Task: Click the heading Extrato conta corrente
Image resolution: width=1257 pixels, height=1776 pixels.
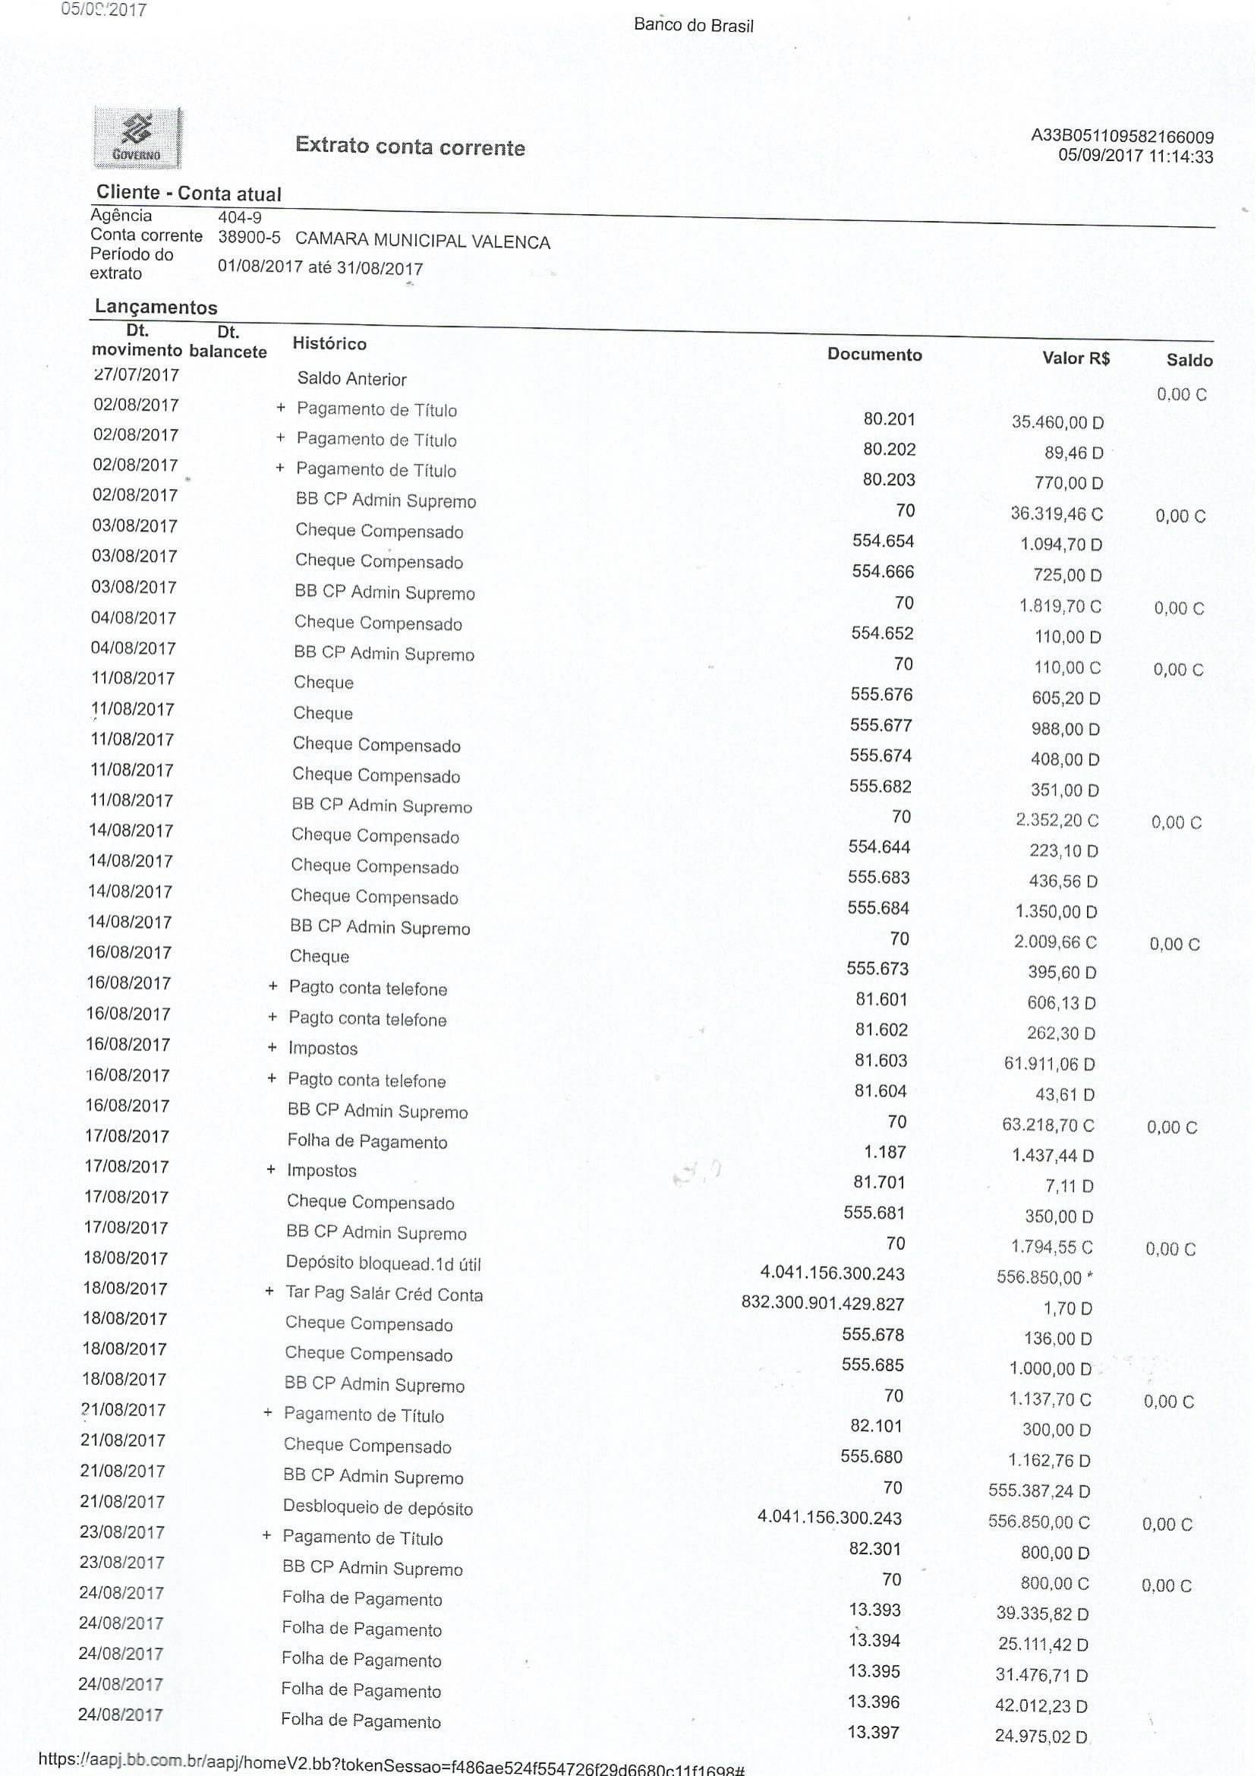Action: pyautogui.click(x=410, y=147)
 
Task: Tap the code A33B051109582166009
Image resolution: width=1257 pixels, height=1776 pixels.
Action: pyautogui.click(x=1122, y=137)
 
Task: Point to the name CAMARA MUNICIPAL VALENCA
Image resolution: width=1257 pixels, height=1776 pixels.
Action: pyautogui.click(x=423, y=241)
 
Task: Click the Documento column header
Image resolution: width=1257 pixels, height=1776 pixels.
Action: pyautogui.click(x=874, y=355)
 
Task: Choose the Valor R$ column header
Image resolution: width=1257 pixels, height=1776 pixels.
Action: pyautogui.click(x=1076, y=358)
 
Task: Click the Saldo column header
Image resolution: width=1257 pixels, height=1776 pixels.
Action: pyautogui.click(x=1189, y=360)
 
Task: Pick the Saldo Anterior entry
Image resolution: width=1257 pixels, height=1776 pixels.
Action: pyautogui.click(x=352, y=379)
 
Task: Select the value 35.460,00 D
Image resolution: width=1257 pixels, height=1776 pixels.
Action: pyautogui.click(x=1057, y=422)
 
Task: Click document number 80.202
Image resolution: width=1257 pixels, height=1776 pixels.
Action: pyautogui.click(x=890, y=449)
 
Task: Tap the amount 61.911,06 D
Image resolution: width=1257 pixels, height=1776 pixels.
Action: pyautogui.click(x=1050, y=1064)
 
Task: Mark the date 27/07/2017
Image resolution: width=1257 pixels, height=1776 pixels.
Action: pyautogui.click(x=136, y=374)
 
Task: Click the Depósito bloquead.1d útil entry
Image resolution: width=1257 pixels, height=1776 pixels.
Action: pyautogui.click(x=383, y=1263)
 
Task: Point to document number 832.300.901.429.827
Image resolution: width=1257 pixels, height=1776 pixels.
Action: pyautogui.click(x=823, y=1304)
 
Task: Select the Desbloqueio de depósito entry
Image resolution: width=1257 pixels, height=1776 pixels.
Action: pyautogui.click(x=378, y=1507)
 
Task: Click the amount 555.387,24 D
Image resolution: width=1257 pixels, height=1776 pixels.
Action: pyautogui.click(x=1039, y=1491)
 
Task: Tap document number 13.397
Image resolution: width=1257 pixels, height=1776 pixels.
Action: pyautogui.click(x=874, y=1732)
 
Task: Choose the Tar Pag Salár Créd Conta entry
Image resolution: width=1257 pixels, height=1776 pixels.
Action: pyautogui.click(x=384, y=1294)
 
